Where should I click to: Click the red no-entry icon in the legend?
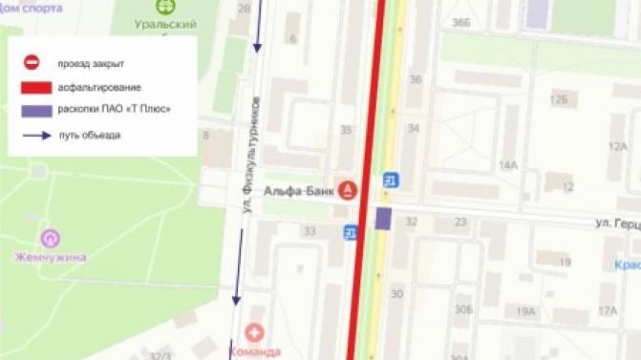[x=32, y=63]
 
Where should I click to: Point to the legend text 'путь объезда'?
[x=89, y=136]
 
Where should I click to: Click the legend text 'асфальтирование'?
[x=99, y=87]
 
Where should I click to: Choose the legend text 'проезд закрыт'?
[x=91, y=63]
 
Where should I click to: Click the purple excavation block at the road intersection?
[x=383, y=219]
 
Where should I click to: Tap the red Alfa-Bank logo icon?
[x=349, y=190]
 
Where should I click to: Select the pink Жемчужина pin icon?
[x=50, y=238]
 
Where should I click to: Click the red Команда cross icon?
[x=254, y=332]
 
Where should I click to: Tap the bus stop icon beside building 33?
[x=352, y=230]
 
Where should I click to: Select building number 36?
[x=415, y=78]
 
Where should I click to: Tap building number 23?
[x=460, y=222]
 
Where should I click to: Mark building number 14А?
[x=507, y=165]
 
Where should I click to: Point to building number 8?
[x=205, y=135]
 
